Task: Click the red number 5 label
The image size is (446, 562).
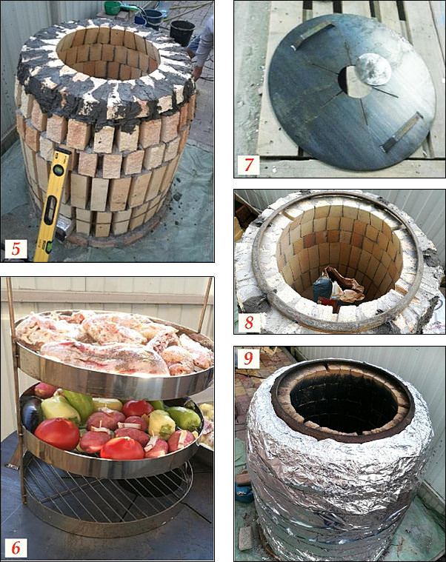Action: coord(16,249)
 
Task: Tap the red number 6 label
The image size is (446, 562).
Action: coord(16,548)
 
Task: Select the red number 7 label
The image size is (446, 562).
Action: coord(249,164)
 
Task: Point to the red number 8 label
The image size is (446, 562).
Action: coord(249,322)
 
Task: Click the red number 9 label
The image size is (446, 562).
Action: coord(249,358)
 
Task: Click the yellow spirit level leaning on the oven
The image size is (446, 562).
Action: coord(53,204)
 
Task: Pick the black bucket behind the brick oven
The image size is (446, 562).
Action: coord(183,33)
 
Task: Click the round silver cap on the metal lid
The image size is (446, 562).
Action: coord(373,69)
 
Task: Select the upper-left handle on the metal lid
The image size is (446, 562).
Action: coord(313,35)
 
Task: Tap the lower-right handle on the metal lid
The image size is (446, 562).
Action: coord(402,132)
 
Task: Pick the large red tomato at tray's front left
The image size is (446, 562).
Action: coord(57,434)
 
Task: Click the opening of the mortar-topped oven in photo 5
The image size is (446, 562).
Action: coord(107,54)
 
